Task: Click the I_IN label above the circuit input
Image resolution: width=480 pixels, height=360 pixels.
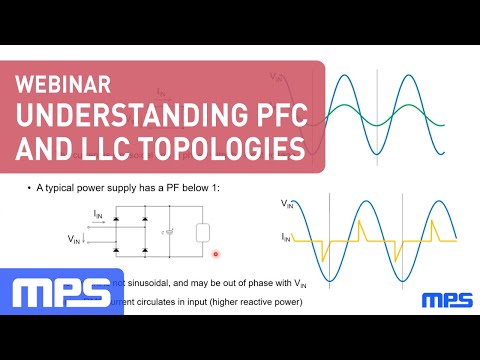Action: pos(97,213)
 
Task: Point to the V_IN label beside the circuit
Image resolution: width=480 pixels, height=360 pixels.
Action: pos(74,239)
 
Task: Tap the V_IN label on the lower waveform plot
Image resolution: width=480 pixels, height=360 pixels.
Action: pos(287,205)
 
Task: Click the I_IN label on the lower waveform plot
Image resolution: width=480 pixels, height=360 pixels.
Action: pos(287,237)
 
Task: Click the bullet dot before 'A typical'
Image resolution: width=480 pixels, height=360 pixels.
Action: pos(29,188)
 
